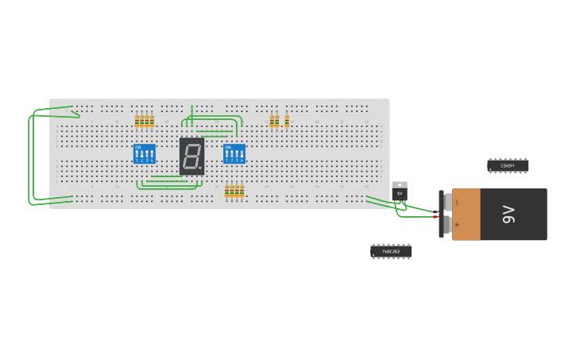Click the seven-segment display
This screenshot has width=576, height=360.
pos(191,156)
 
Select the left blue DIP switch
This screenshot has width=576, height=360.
pos(144,153)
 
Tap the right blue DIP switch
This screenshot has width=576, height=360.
pos(234,153)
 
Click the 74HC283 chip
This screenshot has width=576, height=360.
pos(391,251)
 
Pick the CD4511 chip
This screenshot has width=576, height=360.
pos(508,165)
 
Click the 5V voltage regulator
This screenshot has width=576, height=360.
pos(399,192)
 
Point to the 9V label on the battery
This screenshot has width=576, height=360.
pos(508,214)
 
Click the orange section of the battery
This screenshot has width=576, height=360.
pos(466,214)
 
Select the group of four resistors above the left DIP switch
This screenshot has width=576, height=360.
pos(144,121)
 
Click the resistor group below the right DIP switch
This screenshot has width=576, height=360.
pos(234,191)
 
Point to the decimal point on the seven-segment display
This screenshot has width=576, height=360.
pos(202,170)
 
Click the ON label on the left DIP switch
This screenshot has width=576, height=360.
pos(138,147)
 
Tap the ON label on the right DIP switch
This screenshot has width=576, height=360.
pos(228,147)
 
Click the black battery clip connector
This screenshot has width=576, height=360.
pos(442,214)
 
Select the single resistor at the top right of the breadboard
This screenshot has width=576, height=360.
pos(287,122)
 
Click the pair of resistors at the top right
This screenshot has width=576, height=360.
pos(274,121)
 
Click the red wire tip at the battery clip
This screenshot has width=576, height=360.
pos(435,217)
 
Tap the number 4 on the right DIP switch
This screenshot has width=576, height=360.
pos(242,161)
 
